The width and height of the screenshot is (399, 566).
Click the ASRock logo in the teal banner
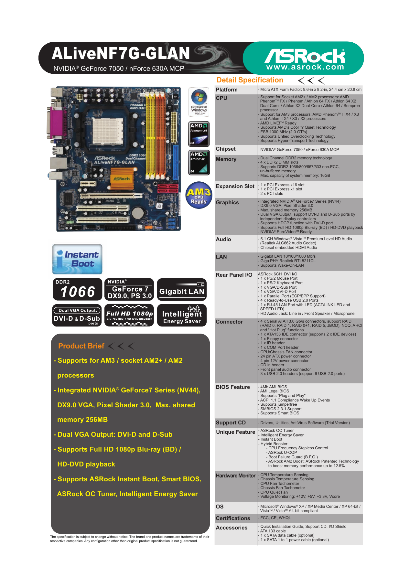[305, 56]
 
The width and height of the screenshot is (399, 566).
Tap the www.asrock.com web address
[305, 67]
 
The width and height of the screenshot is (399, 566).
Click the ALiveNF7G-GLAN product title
[121, 54]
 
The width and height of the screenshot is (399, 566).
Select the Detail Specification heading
[250, 80]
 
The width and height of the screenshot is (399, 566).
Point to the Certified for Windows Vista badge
[199, 102]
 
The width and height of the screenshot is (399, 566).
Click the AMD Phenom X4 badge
[199, 134]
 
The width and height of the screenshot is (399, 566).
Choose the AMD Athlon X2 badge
[199, 162]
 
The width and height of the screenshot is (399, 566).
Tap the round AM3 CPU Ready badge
[199, 195]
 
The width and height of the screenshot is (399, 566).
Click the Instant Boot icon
[77, 259]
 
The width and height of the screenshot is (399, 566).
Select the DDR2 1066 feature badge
[77, 289]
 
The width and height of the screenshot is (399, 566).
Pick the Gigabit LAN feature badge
[182, 289]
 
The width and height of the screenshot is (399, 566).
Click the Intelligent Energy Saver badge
[182, 315]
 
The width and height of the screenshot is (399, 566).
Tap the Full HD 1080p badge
[129, 315]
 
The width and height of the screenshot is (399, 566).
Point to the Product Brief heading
[81, 346]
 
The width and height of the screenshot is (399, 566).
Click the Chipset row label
[226, 149]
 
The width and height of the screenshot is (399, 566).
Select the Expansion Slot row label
[235, 187]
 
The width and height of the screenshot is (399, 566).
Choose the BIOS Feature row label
[233, 387]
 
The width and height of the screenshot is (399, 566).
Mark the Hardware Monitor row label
[236, 476]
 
